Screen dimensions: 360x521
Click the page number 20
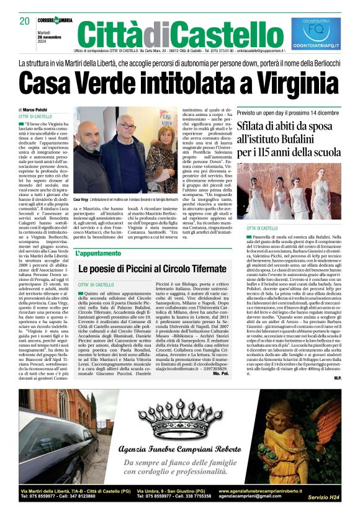click(25, 21)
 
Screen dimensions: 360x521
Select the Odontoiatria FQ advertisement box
click(316, 34)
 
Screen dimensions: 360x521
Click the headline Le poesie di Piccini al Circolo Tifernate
click(152, 269)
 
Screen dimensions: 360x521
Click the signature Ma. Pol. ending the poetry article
click(220, 374)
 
